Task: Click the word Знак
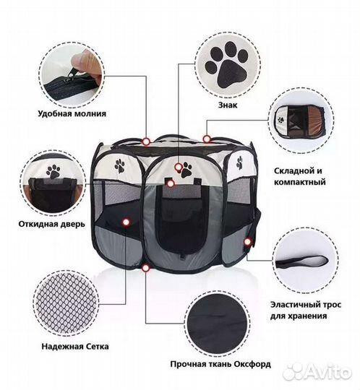pyautogui.click(x=228, y=105)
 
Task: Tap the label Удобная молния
pyautogui.click(x=72, y=113)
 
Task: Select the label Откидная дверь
pyautogui.click(x=52, y=224)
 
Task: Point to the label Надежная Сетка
pyautogui.click(x=75, y=347)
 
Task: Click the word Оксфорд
pyautogui.click(x=252, y=365)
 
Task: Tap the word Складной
pyautogui.click(x=291, y=171)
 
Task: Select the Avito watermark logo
pyautogui.click(x=317, y=373)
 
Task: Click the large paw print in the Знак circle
pyautogui.click(x=226, y=65)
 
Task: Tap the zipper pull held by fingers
pyautogui.click(x=72, y=74)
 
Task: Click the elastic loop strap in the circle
pyautogui.click(x=302, y=261)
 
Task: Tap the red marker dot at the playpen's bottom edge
pyautogui.click(x=145, y=268)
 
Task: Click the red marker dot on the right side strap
pyautogui.click(x=247, y=241)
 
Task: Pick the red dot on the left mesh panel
pyautogui.click(x=126, y=222)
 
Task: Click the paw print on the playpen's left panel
pyautogui.click(x=120, y=165)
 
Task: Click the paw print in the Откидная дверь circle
pyautogui.click(x=53, y=172)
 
